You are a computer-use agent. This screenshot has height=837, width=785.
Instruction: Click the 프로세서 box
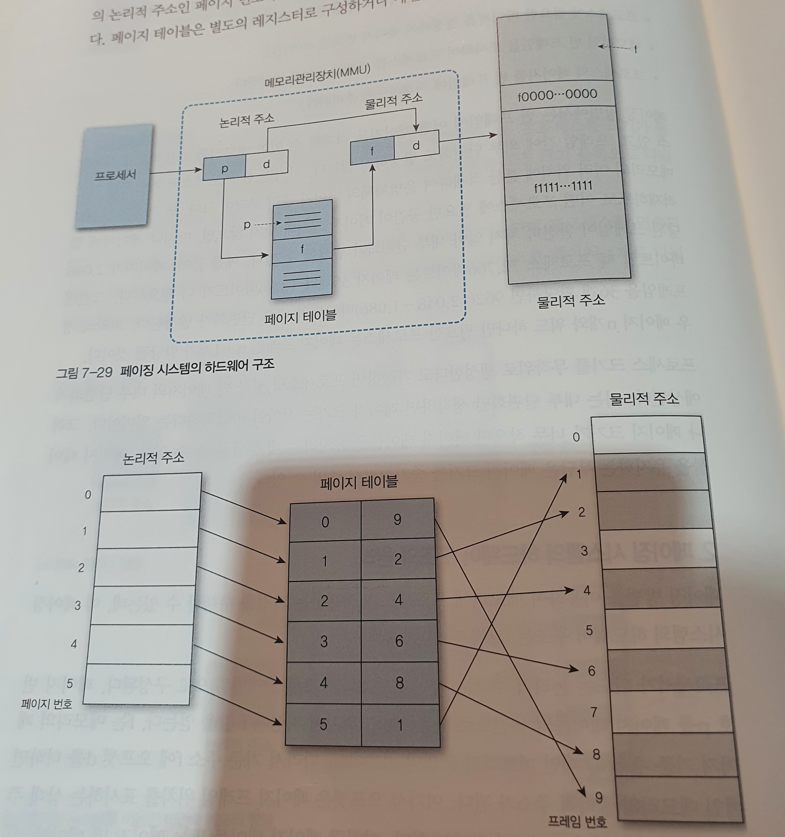click(115, 176)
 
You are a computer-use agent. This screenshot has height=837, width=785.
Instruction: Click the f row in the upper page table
click(302, 248)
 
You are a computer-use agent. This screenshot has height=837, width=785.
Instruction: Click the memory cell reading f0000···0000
click(557, 95)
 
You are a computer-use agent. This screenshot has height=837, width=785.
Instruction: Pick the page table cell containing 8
click(399, 682)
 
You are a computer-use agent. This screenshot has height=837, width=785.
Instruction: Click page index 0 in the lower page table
click(325, 522)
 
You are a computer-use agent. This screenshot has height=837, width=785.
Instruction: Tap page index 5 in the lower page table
click(323, 724)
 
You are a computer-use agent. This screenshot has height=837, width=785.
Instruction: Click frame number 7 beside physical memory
click(594, 712)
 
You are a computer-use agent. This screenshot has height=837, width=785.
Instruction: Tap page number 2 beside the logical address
click(81, 567)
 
